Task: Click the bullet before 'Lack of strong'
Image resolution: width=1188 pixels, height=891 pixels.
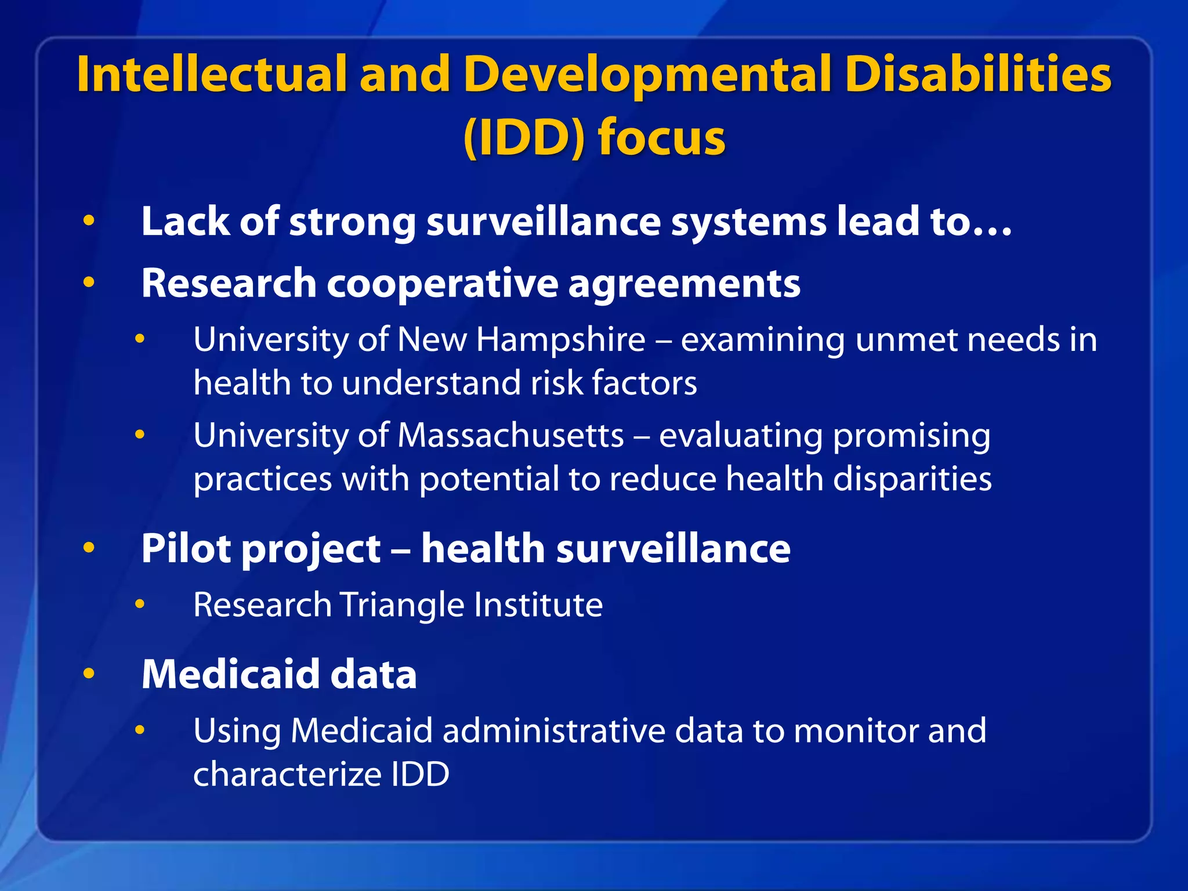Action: [89, 221]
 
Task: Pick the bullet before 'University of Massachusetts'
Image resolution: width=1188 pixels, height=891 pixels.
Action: [140, 434]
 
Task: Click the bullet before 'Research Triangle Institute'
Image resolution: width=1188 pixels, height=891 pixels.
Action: [140, 604]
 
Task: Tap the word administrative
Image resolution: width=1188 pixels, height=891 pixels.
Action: [553, 731]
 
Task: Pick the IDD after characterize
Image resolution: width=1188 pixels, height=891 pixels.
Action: [420, 775]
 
